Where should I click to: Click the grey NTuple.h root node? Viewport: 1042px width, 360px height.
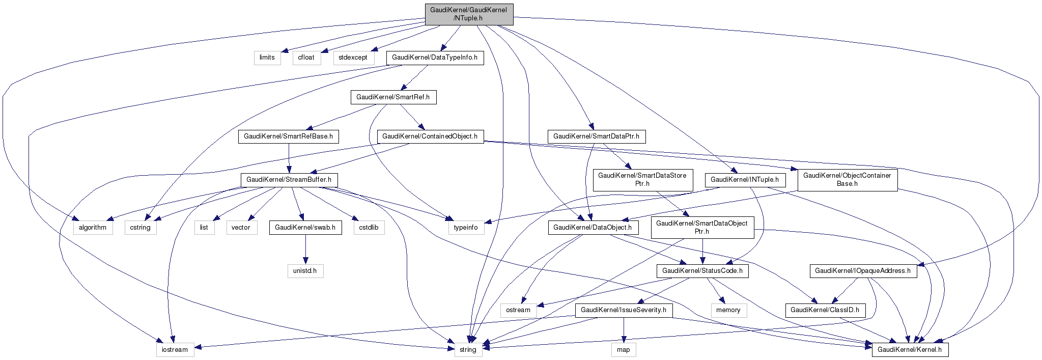(469, 14)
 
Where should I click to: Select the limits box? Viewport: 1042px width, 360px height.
(267, 58)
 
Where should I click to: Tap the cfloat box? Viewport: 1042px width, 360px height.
(306, 58)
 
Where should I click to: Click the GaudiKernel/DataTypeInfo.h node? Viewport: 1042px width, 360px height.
(435, 58)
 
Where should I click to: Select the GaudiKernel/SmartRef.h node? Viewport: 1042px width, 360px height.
(393, 97)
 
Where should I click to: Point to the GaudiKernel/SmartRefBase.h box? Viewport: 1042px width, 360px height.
(288, 136)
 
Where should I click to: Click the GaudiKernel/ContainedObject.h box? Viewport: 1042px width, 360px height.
(430, 136)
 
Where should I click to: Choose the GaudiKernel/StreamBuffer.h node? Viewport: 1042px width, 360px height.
(289, 180)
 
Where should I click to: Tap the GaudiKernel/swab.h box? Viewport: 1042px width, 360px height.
(305, 228)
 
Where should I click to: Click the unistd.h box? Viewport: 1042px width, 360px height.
(305, 271)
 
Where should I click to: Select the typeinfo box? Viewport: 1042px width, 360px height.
(466, 228)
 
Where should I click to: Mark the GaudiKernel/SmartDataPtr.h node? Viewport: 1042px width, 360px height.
(596, 136)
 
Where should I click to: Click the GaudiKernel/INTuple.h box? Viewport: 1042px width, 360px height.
(745, 180)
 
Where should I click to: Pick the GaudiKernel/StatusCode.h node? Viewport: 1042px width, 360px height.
(702, 271)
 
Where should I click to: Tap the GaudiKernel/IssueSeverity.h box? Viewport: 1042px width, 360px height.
(624, 310)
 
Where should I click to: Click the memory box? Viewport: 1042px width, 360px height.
(728, 310)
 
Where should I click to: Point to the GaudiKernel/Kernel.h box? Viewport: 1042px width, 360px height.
(910, 350)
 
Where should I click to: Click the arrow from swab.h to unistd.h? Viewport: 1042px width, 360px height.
(305, 250)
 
